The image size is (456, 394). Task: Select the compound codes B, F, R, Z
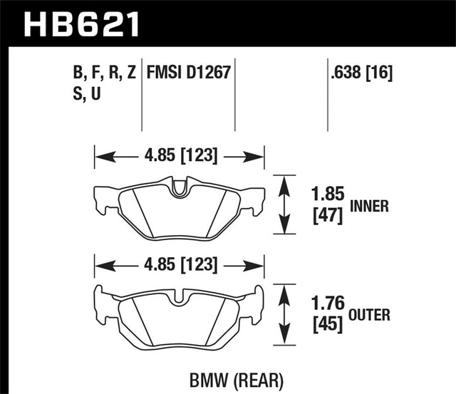(103, 72)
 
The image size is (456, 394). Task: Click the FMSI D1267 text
(189, 72)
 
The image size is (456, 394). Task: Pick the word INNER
(370, 207)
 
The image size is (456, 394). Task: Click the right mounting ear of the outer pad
(255, 299)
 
